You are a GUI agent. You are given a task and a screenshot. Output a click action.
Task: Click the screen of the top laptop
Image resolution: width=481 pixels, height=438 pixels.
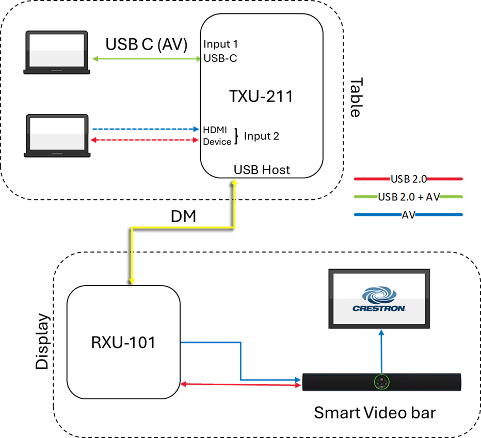pyautogui.click(x=57, y=50)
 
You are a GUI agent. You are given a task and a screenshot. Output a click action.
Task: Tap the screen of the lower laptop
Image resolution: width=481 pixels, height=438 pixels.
pyautogui.click(x=57, y=134)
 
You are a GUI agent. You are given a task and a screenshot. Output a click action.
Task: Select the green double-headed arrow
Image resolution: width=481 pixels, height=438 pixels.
pyautogui.click(x=147, y=59)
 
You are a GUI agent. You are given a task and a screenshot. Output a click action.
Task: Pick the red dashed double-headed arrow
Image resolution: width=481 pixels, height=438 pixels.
pyautogui.click(x=145, y=140)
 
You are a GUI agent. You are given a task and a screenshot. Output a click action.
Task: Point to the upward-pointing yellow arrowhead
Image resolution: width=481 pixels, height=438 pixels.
pyautogui.click(x=235, y=182)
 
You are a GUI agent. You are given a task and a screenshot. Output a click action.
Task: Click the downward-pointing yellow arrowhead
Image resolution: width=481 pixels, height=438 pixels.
pyautogui.click(x=132, y=281)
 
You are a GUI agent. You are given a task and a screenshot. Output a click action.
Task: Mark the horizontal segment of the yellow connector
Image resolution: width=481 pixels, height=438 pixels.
pyautogui.click(x=183, y=227)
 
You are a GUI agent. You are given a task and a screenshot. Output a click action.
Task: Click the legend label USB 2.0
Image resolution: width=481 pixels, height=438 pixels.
pyautogui.click(x=408, y=179)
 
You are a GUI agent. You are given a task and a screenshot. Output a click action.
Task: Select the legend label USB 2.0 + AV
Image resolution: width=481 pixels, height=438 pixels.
pyautogui.click(x=408, y=197)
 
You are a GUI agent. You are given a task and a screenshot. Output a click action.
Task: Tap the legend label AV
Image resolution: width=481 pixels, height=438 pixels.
pyautogui.click(x=408, y=215)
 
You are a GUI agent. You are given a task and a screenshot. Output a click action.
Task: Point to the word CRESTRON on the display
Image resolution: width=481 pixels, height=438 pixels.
pyautogui.click(x=379, y=308)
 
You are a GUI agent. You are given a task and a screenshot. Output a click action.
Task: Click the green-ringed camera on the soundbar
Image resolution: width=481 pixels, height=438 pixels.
pyautogui.click(x=381, y=382)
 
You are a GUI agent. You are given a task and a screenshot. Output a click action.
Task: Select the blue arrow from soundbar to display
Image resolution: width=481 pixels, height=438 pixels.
pyautogui.click(x=381, y=351)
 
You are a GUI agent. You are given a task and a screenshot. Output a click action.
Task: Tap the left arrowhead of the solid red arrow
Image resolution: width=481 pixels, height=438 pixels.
pyautogui.click(x=183, y=384)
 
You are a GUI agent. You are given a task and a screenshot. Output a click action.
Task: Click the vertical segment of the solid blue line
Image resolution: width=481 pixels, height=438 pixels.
pyautogui.click(x=241, y=361)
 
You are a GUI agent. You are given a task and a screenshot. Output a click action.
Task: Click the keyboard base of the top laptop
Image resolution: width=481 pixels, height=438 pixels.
pyautogui.click(x=57, y=71)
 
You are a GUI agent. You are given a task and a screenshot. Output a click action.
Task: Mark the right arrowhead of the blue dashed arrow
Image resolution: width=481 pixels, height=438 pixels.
pyautogui.click(x=196, y=129)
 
